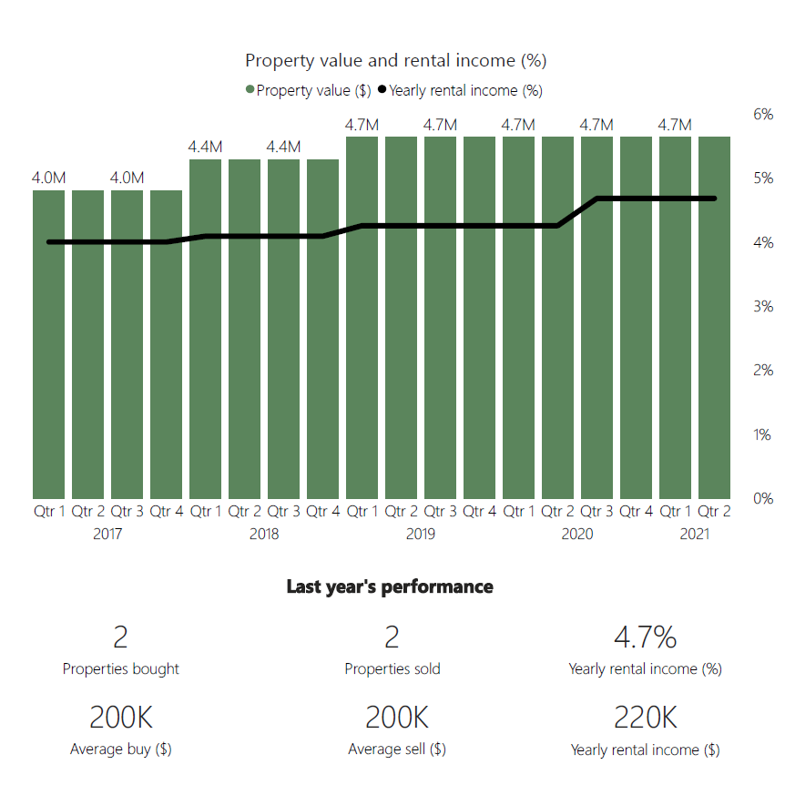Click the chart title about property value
click(x=395, y=61)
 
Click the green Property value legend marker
click(x=250, y=90)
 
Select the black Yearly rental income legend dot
click(x=382, y=90)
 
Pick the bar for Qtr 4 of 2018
click(x=323, y=328)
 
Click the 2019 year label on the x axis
click(x=421, y=534)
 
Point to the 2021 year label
click(x=695, y=534)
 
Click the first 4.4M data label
click(x=206, y=148)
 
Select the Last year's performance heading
click(x=390, y=586)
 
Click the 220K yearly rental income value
click(x=646, y=719)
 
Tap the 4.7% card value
click(x=646, y=637)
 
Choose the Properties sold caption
click(x=392, y=669)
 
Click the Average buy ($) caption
click(x=121, y=749)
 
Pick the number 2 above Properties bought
click(x=121, y=637)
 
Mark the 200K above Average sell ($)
click(x=397, y=719)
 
